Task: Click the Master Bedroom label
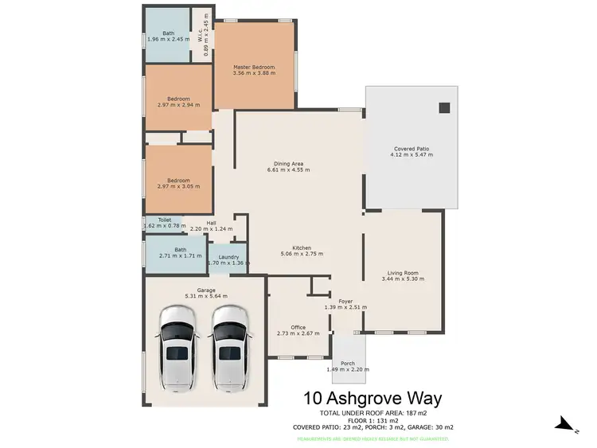point(254,67)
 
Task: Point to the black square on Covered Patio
point(444,108)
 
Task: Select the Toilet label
point(165,220)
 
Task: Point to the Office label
point(298,327)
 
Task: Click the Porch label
point(347,364)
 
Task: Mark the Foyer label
point(345,301)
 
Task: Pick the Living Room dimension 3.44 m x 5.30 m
point(403,279)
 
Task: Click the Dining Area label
point(285,164)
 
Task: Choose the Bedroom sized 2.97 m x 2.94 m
point(178,103)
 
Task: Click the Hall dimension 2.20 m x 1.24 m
point(211,229)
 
